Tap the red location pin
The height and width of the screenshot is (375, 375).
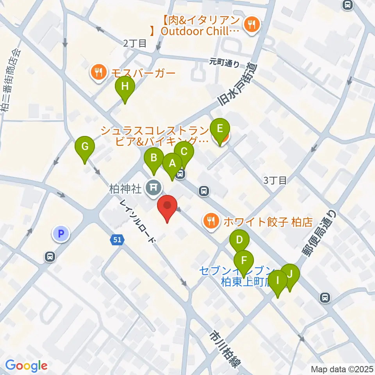[x=167, y=207]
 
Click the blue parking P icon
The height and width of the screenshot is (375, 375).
[x=60, y=234]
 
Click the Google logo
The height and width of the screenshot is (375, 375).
[x=26, y=366]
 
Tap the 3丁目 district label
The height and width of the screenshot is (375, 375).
[x=275, y=180]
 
